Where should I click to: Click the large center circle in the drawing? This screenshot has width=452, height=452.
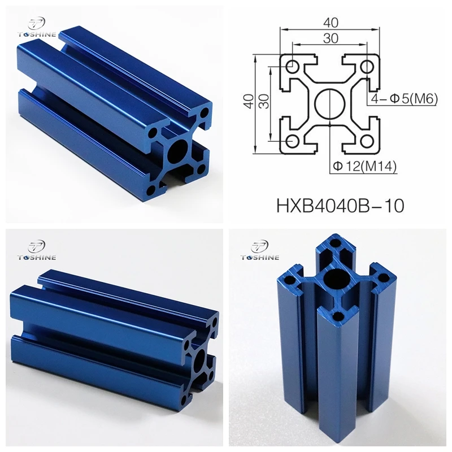(329, 103)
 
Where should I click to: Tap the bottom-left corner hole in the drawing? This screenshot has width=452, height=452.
(293, 140)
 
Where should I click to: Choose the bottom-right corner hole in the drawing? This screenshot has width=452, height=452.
(366, 140)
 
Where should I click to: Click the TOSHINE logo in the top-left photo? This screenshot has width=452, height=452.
(38, 28)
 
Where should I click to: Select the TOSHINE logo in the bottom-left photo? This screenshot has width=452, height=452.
(37, 252)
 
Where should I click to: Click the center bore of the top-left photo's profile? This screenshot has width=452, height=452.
(180, 148)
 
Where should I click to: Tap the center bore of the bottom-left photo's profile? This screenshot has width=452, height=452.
(200, 360)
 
